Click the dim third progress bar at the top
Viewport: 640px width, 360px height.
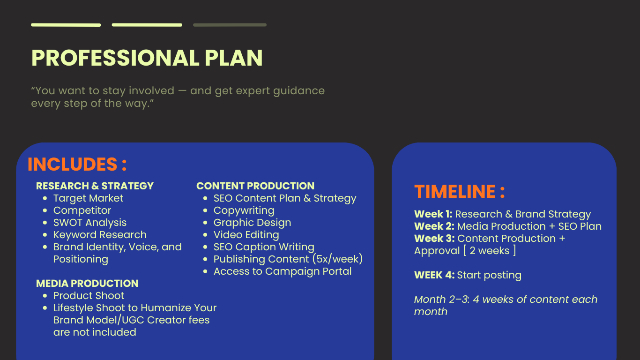[x=230, y=25]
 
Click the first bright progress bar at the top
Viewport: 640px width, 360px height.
[x=66, y=25]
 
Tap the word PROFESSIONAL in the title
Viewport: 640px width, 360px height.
[x=115, y=58]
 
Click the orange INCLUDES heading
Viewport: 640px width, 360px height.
[x=77, y=164]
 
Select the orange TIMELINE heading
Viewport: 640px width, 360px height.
[x=460, y=191]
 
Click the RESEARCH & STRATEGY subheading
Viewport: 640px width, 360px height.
[x=95, y=186]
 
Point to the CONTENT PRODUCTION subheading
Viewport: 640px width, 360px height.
[x=255, y=186]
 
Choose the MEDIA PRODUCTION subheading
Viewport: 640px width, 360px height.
[x=87, y=284]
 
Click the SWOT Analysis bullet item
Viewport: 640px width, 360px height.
[x=90, y=223]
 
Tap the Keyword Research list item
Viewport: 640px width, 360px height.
[x=100, y=235]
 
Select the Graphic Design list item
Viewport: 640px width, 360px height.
[x=252, y=223]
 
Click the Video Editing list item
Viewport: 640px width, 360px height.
[x=246, y=235]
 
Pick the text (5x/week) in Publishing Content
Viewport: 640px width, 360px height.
[x=337, y=259]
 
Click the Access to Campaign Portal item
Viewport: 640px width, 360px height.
[x=283, y=271]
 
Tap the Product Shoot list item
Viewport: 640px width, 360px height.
[x=89, y=296]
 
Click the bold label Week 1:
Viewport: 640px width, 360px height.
[x=433, y=214]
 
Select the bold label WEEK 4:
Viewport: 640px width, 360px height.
[x=434, y=275]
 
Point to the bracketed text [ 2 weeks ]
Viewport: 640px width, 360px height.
[x=490, y=251]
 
